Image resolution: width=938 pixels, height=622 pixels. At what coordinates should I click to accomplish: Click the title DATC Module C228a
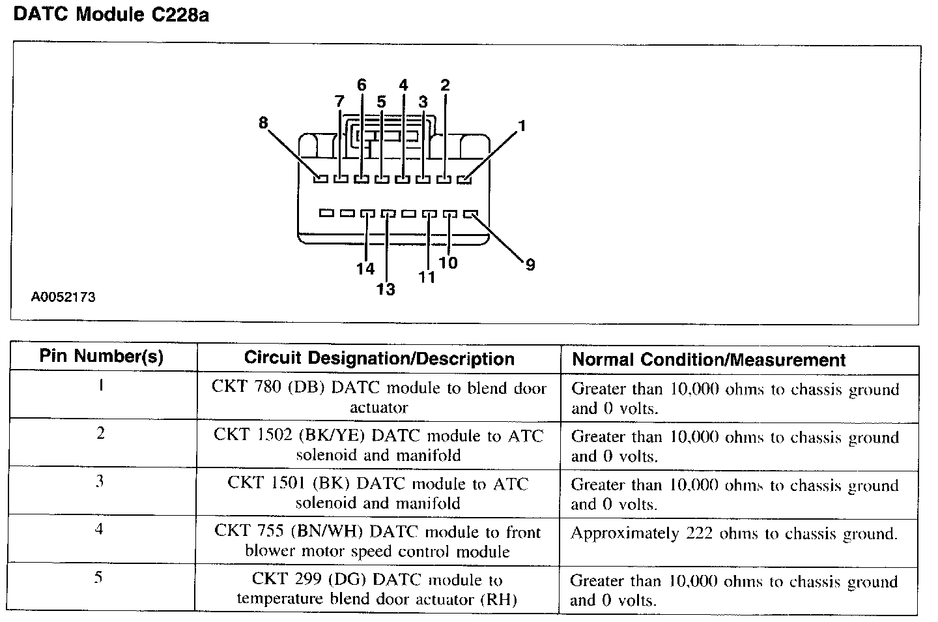click(111, 14)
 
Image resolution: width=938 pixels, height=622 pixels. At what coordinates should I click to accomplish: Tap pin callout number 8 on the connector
click(263, 122)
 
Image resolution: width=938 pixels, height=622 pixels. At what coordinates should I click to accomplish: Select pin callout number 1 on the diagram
click(522, 126)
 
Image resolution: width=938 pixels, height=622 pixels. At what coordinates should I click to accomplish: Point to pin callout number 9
click(530, 265)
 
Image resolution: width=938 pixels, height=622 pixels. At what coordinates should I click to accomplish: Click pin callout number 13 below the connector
click(386, 289)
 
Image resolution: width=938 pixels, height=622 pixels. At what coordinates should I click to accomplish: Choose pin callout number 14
click(365, 269)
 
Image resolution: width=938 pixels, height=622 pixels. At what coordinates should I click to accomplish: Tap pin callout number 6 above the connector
click(362, 85)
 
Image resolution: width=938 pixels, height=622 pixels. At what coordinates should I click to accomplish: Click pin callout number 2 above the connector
click(445, 85)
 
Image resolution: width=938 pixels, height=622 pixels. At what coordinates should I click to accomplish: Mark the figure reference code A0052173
click(63, 297)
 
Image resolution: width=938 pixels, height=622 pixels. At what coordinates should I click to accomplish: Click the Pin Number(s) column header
click(102, 357)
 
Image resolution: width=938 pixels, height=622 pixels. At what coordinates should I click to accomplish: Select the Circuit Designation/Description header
click(379, 358)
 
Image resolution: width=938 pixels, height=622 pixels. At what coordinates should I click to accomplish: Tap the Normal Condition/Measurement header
click(709, 360)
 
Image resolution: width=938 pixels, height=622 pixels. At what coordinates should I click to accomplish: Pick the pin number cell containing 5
click(99, 578)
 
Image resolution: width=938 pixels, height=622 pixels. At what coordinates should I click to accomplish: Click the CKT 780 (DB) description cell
click(378, 397)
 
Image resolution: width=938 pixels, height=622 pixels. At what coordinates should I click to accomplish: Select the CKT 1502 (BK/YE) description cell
click(378, 445)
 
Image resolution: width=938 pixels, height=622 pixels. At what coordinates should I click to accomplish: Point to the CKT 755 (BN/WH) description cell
click(378, 541)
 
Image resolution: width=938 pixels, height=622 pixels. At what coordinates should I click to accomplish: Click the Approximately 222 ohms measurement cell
click(733, 534)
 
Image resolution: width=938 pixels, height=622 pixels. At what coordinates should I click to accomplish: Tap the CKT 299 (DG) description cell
click(377, 589)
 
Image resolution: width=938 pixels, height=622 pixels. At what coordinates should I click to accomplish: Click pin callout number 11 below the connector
click(427, 276)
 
